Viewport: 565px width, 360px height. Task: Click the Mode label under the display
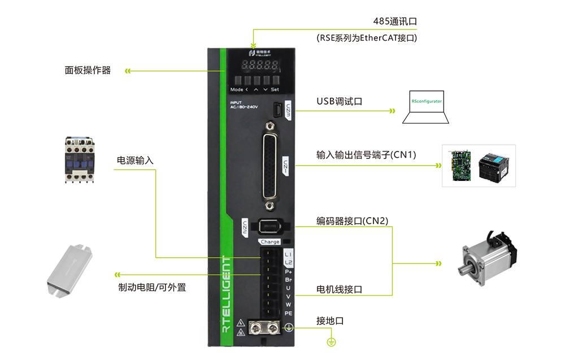(x=236, y=89)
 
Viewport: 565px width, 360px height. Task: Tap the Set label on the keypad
(x=275, y=89)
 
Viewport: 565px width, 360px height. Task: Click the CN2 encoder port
(x=269, y=226)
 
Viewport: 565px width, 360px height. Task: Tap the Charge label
(x=270, y=242)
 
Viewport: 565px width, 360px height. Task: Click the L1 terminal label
(x=288, y=253)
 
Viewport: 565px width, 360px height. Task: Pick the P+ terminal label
(x=288, y=271)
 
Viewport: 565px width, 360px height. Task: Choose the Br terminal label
(x=288, y=280)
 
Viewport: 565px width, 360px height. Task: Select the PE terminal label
(x=288, y=313)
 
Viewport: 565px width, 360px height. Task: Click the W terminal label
(x=288, y=305)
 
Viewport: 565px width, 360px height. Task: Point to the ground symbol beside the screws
(x=288, y=327)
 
